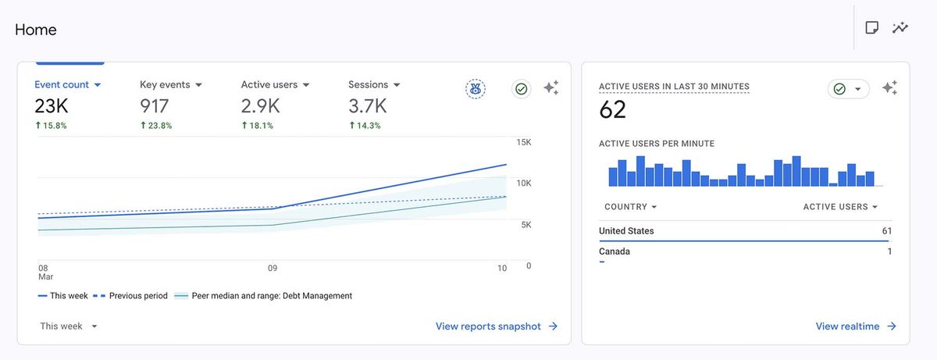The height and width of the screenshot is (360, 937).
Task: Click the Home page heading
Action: tap(36, 30)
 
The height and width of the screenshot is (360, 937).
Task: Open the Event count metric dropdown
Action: tap(68, 84)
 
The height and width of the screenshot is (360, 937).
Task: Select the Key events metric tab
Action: tap(170, 84)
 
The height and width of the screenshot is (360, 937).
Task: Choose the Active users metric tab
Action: tap(275, 84)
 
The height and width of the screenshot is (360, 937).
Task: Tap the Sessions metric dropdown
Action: tap(374, 84)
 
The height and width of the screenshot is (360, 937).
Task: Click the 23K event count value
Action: tap(51, 106)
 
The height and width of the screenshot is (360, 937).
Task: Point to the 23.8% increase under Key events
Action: tap(156, 125)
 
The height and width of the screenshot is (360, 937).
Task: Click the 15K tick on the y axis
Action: tap(523, 142)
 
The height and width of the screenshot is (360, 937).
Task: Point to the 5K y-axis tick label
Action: tap(525, 225)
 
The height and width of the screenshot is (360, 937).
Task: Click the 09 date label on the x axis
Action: tap(273, 268)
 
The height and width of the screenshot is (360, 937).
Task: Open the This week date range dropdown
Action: tap(69, 326)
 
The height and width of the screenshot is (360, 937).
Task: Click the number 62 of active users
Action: tap(613, 110)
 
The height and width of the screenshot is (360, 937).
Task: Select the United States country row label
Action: tap(626, 231)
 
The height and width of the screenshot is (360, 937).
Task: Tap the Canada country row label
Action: tap(615, 251)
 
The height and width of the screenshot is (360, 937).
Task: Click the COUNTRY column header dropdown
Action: tap(631, 207)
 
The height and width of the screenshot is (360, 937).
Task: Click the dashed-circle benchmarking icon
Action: tap(475, 89)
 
